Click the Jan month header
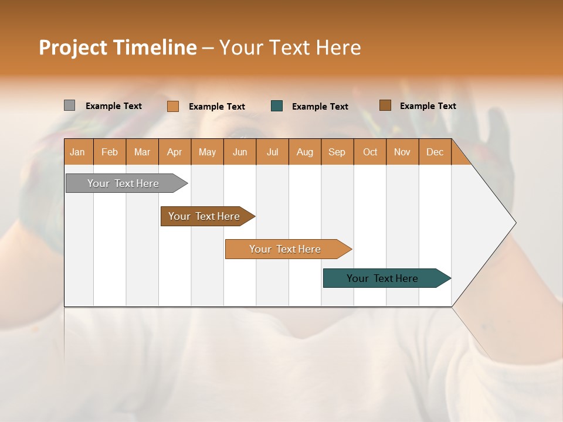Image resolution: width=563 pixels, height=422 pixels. coord(77,152)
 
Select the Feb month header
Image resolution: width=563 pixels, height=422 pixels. coord(110,152)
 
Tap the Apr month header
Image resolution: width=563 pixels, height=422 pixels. coord(174,152)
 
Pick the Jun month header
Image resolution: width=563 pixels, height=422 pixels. coord(240,152)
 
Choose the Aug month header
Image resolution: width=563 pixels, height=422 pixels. coord(304,152)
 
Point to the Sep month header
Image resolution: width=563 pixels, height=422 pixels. coord(337,152)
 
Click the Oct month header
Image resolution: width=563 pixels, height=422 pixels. coord(370,152)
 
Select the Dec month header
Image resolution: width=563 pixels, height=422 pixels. coord(435,152)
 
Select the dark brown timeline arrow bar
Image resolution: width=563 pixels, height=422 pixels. coord(206,216)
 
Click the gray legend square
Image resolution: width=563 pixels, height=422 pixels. coord(70,105)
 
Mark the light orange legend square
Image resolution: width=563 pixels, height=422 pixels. coord(173,106)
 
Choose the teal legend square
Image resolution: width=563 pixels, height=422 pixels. coord(277,106)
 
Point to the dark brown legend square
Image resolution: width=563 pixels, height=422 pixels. coord(385,105)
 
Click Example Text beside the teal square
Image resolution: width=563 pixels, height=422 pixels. coord(320,107)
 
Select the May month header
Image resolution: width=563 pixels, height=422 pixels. coord(207,152)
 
